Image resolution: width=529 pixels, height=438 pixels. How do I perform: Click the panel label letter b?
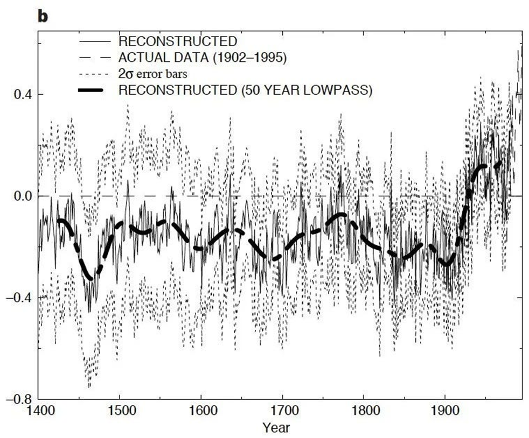pyautogui.click(x=42, y=16)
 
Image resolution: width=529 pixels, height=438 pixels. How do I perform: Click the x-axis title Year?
pyautogui.click(x=276, y=428)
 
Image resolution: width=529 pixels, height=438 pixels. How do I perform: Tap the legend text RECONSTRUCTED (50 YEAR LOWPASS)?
pyautogui.click(x=245, y=90)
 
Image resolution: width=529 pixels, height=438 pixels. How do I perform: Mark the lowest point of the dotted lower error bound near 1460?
pyautogui.click(x=89, y=386)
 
